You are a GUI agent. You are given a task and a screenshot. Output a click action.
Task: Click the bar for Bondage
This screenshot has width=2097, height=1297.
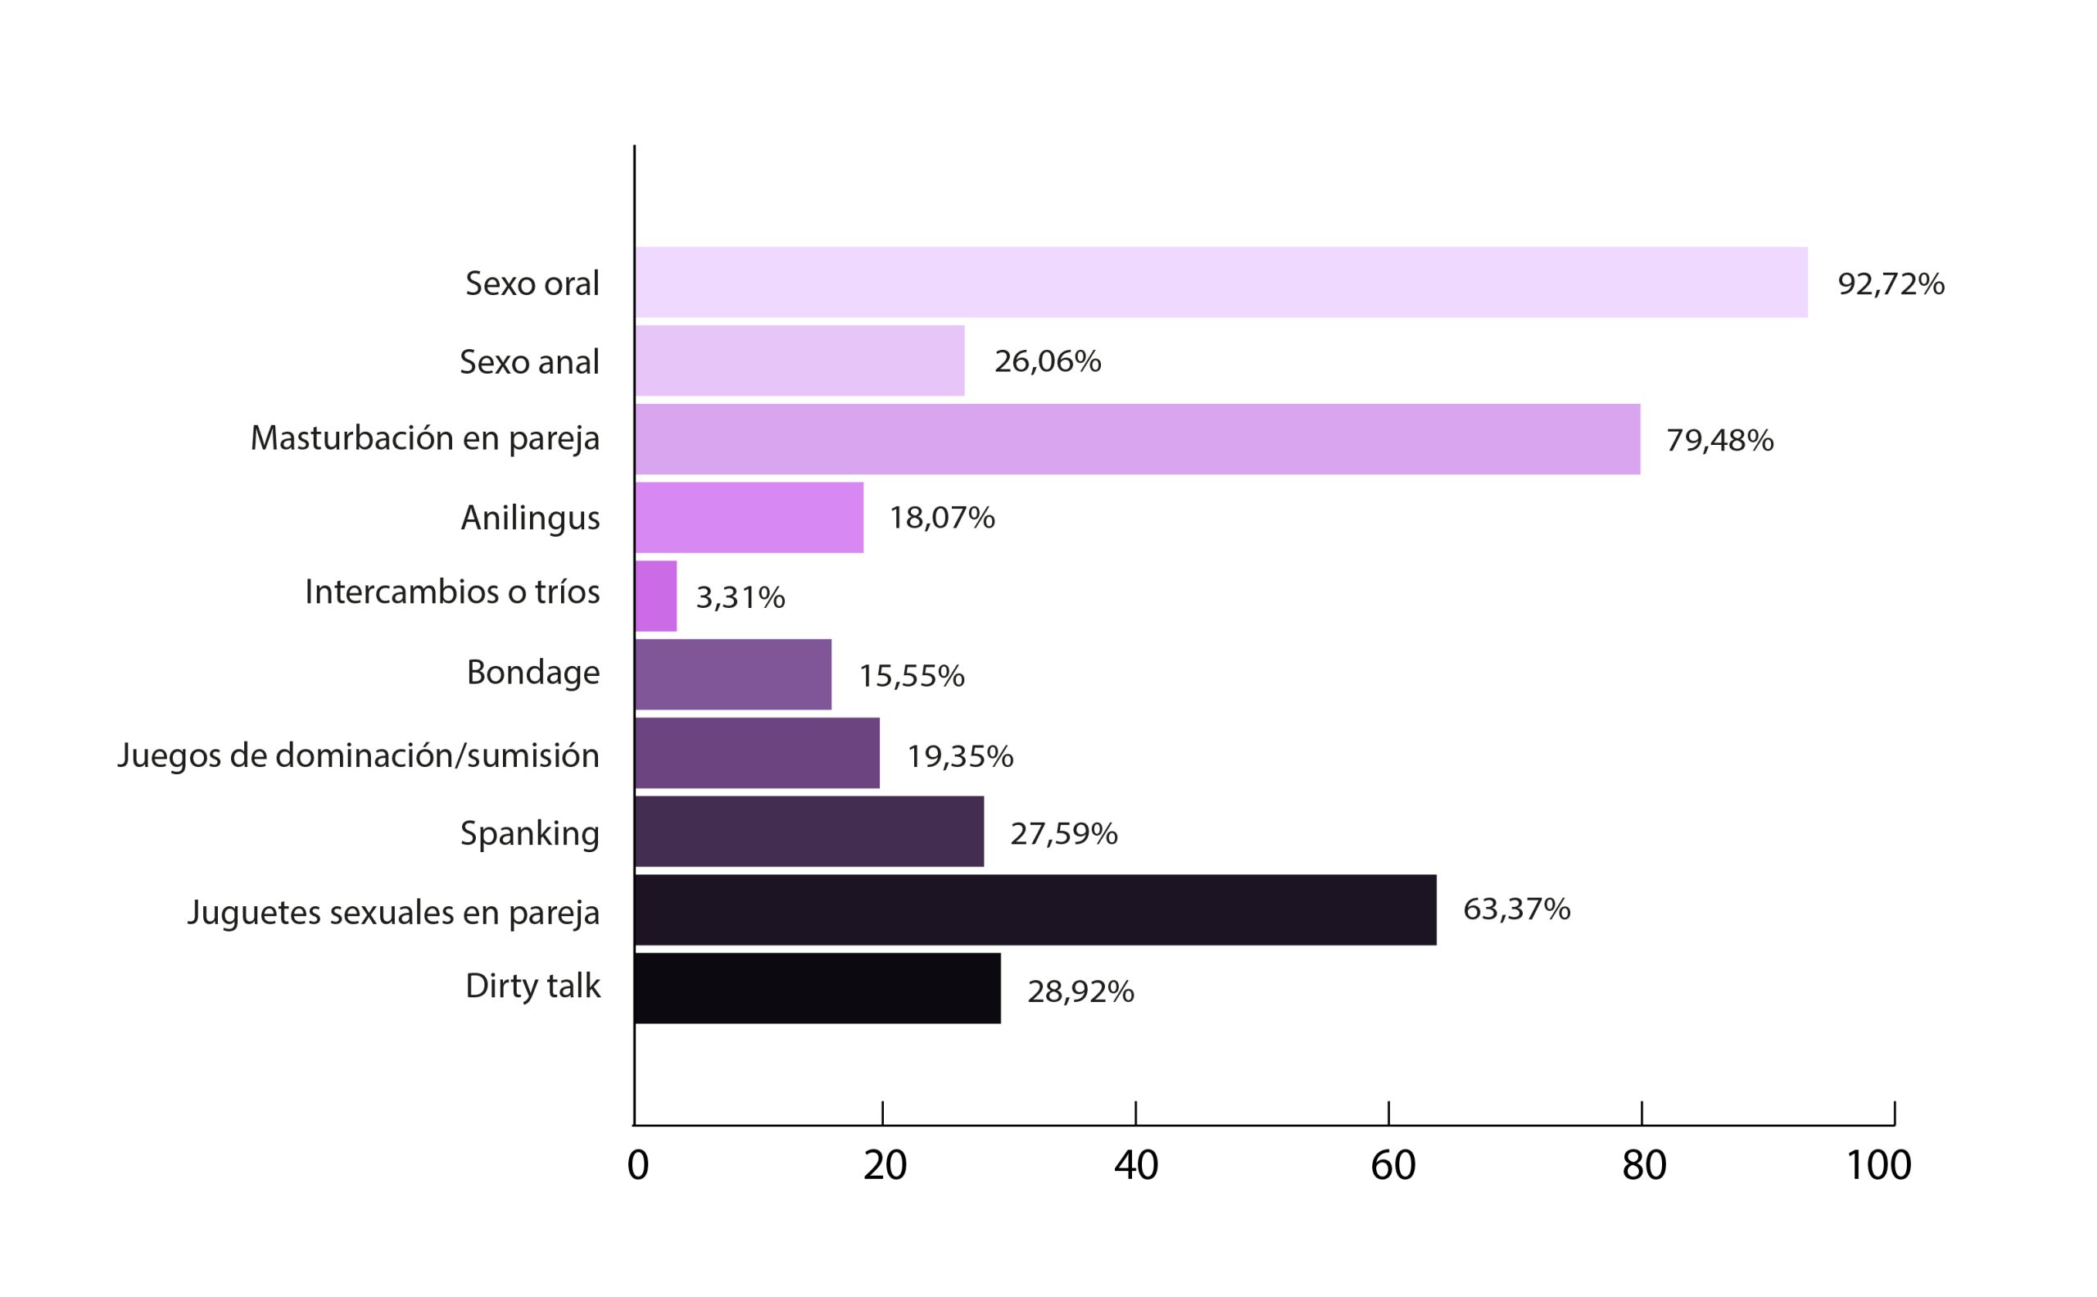point(733,674)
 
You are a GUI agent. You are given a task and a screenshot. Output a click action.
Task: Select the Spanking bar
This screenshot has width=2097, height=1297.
point(808,832)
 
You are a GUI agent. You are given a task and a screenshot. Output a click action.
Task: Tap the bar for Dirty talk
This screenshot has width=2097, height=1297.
point(818,988)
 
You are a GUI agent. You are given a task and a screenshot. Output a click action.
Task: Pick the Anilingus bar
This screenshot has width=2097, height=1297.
point(749,517)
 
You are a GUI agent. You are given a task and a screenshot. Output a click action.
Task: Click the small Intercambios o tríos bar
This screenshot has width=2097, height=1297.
point(656,596)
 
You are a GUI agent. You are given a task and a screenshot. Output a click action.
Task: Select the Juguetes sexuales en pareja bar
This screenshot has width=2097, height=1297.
point(1035,910)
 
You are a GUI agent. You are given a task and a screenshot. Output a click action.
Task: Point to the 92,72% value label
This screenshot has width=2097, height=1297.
point(1891,284)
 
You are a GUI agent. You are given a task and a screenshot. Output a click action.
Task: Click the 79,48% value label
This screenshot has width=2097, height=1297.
point(1719,440)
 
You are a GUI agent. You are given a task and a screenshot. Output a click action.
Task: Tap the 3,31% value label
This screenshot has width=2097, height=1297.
point(741,597)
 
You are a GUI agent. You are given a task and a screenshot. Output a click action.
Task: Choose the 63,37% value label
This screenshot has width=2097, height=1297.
point(1516,909)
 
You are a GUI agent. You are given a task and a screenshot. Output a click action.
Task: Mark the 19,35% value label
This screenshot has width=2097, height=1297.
point(960,755)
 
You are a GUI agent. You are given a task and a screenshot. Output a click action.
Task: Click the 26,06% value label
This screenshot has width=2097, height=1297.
point(1047,361)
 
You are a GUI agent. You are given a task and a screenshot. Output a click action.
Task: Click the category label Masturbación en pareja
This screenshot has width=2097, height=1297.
point(424,438)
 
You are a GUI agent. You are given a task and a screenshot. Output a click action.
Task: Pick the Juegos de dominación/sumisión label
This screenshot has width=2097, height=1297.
point(358,755)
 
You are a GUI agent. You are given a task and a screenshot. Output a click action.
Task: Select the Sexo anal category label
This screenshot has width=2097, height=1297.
point(529,361)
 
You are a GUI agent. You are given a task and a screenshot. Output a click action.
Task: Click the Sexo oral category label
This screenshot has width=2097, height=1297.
point(532,283)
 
